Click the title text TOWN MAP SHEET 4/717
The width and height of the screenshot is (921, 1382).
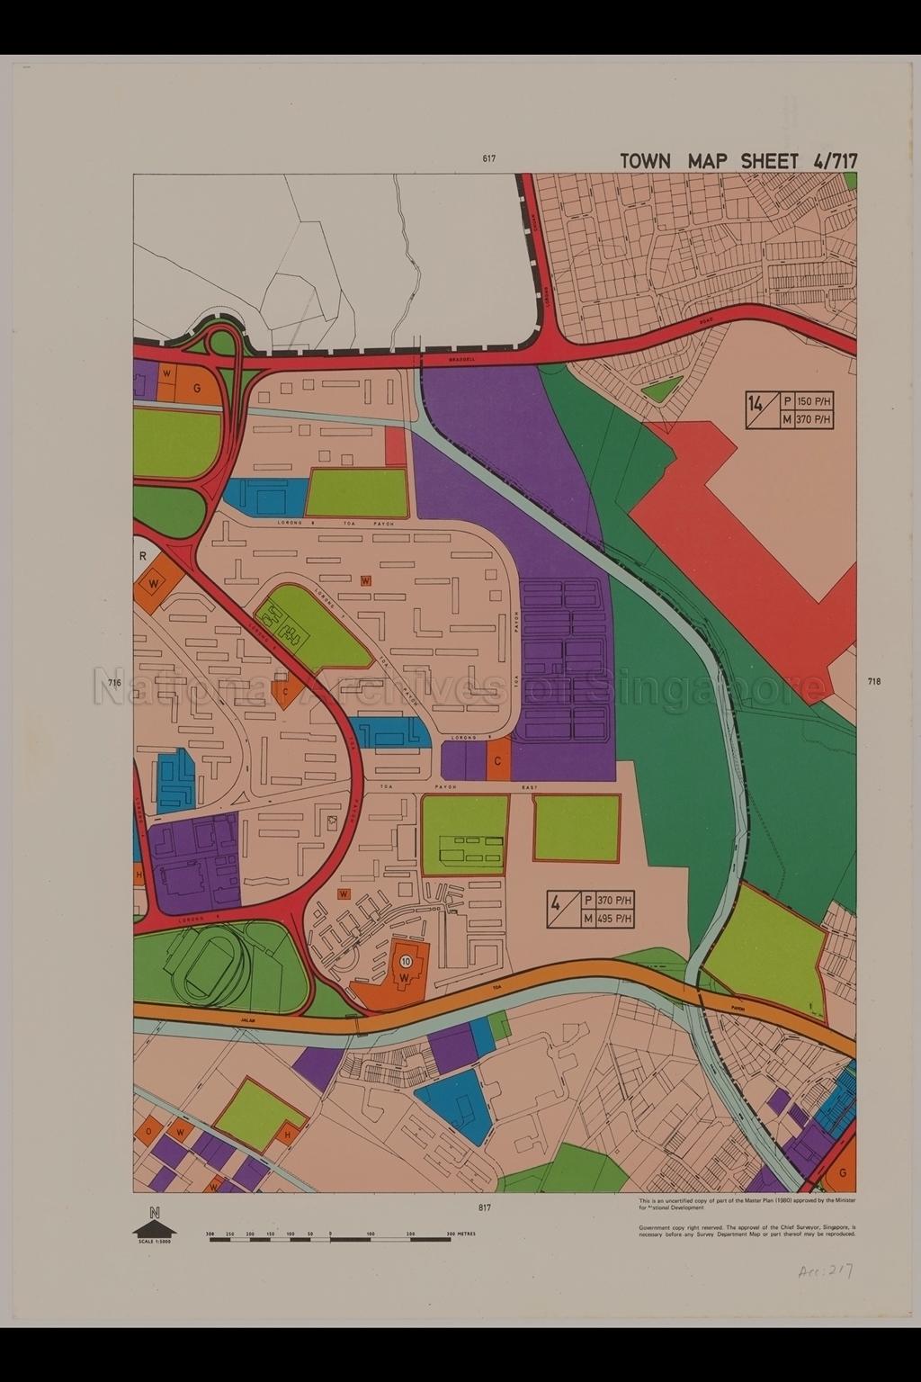pos(738,161)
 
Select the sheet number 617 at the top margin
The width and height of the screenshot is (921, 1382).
pos(488,159)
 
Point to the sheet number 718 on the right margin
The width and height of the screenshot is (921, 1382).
pos(874,681)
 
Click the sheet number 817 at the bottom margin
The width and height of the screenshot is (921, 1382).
pos(485,1207)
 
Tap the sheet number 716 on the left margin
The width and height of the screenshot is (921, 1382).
pos(114,683)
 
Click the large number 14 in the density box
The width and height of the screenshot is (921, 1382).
pos(756,402)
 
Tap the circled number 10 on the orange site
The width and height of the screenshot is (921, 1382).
pos(407,961)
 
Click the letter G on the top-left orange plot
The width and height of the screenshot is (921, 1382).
pos(196,388)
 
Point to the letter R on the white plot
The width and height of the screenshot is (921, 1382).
pos(142,556)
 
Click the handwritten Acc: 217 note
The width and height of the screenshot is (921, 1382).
pos(824,1271)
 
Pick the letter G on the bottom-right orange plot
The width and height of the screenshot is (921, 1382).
pos(842,1173)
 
